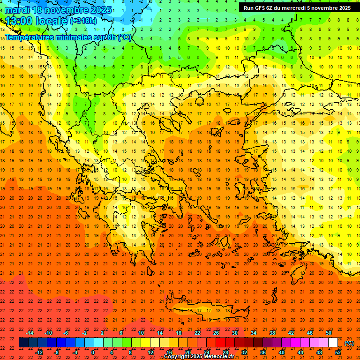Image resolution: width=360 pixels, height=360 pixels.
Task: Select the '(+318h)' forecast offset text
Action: coord(84,21)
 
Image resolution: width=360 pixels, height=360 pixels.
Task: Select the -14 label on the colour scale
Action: coord(30,333)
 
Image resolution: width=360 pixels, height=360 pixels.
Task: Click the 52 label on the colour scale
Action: coord(338,352)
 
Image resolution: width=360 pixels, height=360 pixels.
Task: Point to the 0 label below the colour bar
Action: coord(93,352)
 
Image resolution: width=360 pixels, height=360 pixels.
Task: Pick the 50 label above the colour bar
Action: coord(328,333)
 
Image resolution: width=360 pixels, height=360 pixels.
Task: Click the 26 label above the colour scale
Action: coord(216,333)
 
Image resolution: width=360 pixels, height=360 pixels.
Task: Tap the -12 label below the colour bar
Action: coord(39,352)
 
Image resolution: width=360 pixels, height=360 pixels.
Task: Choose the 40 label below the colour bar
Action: coord(282,352)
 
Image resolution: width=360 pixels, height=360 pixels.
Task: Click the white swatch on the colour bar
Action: coord(333,343)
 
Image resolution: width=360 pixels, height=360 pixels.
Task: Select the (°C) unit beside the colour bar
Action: coord(349,343)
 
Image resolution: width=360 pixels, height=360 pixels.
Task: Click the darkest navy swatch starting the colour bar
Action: coord(23,343)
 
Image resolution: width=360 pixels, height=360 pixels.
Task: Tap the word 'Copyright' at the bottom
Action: coord(179,357)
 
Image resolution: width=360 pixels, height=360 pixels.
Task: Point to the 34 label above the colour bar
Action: coord(254,333)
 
